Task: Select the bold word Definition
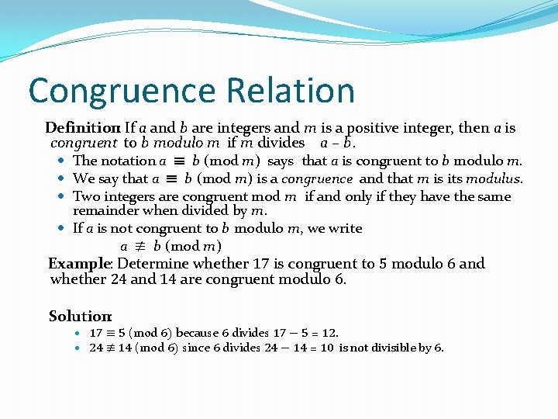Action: (x=81, y=128)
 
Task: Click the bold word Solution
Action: (x=80, y=316)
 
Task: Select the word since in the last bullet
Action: (x=195, y=348)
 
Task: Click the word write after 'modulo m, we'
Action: (x=346, y=228)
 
